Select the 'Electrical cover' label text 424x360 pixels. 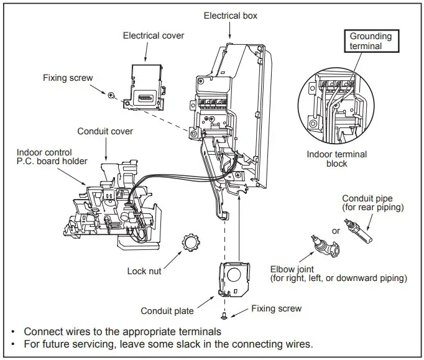[x=154, y=35]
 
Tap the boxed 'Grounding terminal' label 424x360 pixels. [x=371, y=42]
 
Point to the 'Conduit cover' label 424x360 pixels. [x=105, y=132]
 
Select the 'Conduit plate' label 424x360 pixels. [x=166, y=311]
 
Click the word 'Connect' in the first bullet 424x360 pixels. [x=42, y=331]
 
